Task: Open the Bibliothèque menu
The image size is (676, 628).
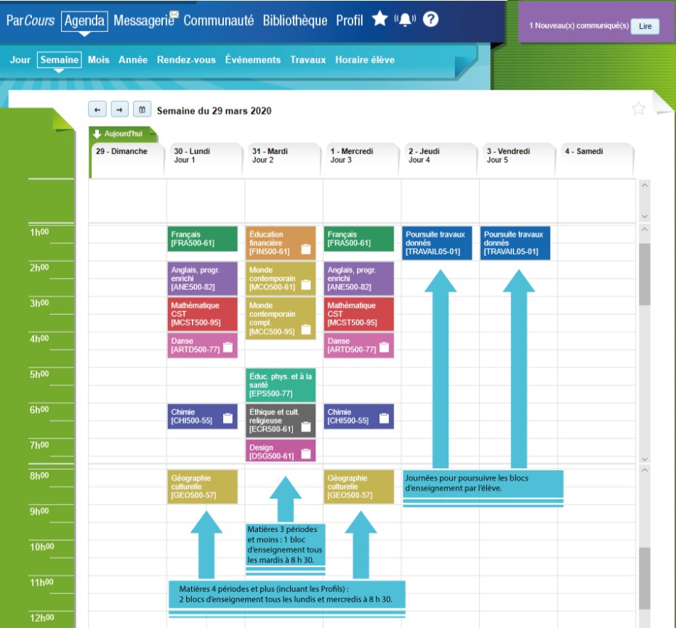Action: click(x=294, y=20)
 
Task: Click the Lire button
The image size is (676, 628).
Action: click(x=645, y=26)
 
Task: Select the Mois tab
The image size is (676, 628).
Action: click(x=98, y=60)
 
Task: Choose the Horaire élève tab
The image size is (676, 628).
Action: click(x=364, y=60)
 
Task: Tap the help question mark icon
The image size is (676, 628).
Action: click(x=430, y=20)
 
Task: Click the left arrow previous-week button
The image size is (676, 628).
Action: click(x=98, y=110)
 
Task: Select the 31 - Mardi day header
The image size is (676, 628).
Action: click(x=281, y=156)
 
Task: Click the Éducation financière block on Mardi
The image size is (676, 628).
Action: click(x=280, y=243)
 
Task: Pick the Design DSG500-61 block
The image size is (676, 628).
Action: click(x=280, y=451)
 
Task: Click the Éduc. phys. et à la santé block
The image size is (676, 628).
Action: click(x=280, y=385)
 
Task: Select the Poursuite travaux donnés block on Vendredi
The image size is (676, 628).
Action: click(x=515, y=243)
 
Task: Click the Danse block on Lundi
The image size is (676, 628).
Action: click(x=202, y=345)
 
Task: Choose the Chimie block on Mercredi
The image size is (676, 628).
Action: click(x=358, y=416)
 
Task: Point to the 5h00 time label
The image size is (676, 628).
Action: click(x=39, y=375)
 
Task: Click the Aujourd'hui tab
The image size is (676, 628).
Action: click(x=123, y=134)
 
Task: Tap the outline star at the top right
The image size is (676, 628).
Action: click(x=638, y=109)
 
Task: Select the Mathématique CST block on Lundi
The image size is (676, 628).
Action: click(x=202, y=314)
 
